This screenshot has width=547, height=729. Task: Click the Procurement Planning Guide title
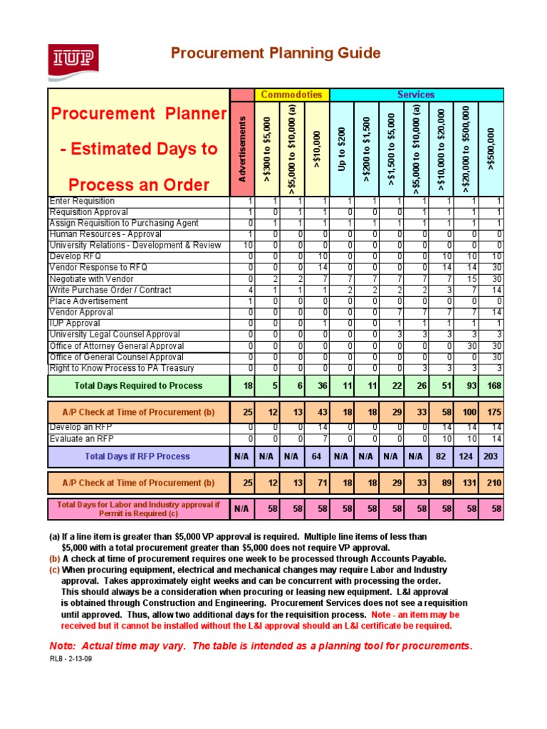[274, 53]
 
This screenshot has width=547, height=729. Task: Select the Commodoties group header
[291, 95]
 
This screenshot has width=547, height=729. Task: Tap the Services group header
[416, 95]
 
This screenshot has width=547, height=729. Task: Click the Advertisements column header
[243, 149]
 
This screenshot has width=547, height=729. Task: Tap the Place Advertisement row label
[89, 301]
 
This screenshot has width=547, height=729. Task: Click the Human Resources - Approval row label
[105, 234]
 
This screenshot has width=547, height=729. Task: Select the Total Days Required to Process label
[138, 386]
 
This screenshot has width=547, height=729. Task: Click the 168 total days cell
[491, 386]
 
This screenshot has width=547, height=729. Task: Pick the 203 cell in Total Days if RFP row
[491, 456]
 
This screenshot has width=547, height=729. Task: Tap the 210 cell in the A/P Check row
[491, 483]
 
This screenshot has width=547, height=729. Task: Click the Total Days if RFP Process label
[137, 456]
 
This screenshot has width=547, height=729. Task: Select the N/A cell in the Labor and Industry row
[242, 510]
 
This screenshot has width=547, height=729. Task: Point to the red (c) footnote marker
[54, 570]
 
